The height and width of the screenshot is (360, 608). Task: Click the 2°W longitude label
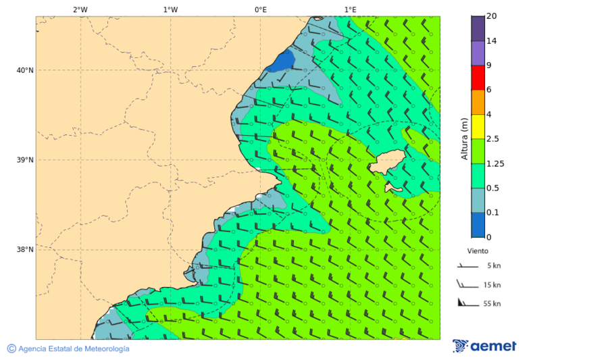[80, 9]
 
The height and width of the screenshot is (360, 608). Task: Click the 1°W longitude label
[170, 9]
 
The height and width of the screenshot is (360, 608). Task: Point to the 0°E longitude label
[260, 9]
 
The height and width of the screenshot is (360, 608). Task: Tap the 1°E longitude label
[350, 9]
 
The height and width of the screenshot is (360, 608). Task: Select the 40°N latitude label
[26, 70]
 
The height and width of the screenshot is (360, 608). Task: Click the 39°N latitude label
[26, 160]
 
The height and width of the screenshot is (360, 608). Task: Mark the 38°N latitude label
[26, 250]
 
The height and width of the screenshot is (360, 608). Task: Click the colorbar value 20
[492, 16]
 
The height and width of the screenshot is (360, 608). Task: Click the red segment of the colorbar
[478, 78]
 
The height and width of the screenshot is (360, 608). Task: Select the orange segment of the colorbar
[478, 102]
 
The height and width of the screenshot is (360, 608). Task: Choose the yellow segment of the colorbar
[478, 126]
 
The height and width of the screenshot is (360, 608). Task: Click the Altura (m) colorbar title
[464, 138]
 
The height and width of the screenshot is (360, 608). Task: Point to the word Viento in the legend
[478, 250]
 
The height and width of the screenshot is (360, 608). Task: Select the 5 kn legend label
[493, 265]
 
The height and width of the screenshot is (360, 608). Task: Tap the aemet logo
[484, 346]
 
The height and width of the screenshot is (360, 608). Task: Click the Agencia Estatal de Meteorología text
[73, 349]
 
